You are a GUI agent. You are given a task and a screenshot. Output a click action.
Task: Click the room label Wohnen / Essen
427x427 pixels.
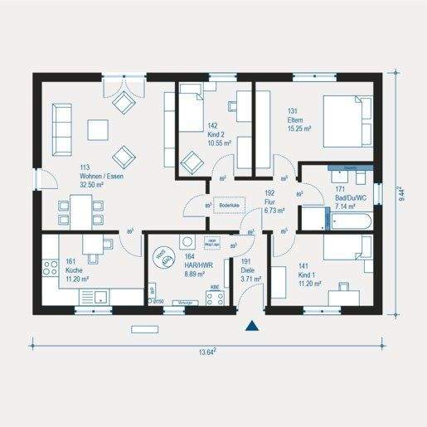click(102, 176)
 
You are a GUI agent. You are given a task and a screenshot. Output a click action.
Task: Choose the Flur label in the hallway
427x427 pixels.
click(270, 202)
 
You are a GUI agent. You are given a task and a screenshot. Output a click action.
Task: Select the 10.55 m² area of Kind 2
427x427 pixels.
click(219, 143)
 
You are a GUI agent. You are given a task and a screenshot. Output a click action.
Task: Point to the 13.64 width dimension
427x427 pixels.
click(206, 352)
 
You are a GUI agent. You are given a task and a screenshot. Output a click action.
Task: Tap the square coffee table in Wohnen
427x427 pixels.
click(99, 129)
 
